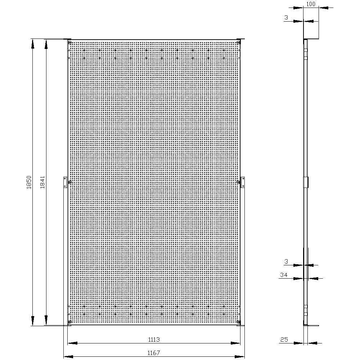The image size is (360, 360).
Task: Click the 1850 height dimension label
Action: click(x=29, y=182)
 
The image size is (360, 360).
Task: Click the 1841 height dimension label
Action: click(x=42, y=182)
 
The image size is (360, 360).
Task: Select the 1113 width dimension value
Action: click(x=154, y=339)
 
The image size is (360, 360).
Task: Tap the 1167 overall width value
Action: click(x=154, y=353)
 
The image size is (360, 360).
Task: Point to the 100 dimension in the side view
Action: click(x=311, y=4)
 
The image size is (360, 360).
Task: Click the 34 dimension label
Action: click(x=284, y=275)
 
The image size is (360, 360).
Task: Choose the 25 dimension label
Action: click(x=284, y=339)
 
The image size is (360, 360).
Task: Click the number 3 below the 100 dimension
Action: click(x=286, y=17)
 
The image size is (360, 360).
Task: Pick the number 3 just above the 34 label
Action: click(x=286, y=261)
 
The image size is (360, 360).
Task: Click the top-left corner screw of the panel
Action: click(x=70, y=42)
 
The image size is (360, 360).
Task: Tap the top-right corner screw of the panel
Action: click(x=239, y=42)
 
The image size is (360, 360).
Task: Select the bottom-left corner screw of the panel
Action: click(x=70, y=321)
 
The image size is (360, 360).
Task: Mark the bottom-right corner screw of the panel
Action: click(x=239, y=321)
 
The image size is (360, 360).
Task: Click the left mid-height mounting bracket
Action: click(x=65, y=182)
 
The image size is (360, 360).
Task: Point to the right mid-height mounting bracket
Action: click(x=243, y=182)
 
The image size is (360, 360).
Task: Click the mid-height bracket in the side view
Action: click(x=306, y=182)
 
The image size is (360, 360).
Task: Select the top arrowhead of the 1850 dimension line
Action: click(x=33, y=44)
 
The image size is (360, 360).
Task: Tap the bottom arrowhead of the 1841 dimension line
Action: click(x=46, y=320)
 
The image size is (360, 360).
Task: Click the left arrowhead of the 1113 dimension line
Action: click(x=73, y=343)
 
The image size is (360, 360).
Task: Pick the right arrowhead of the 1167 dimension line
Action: click(x=240, y=357)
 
